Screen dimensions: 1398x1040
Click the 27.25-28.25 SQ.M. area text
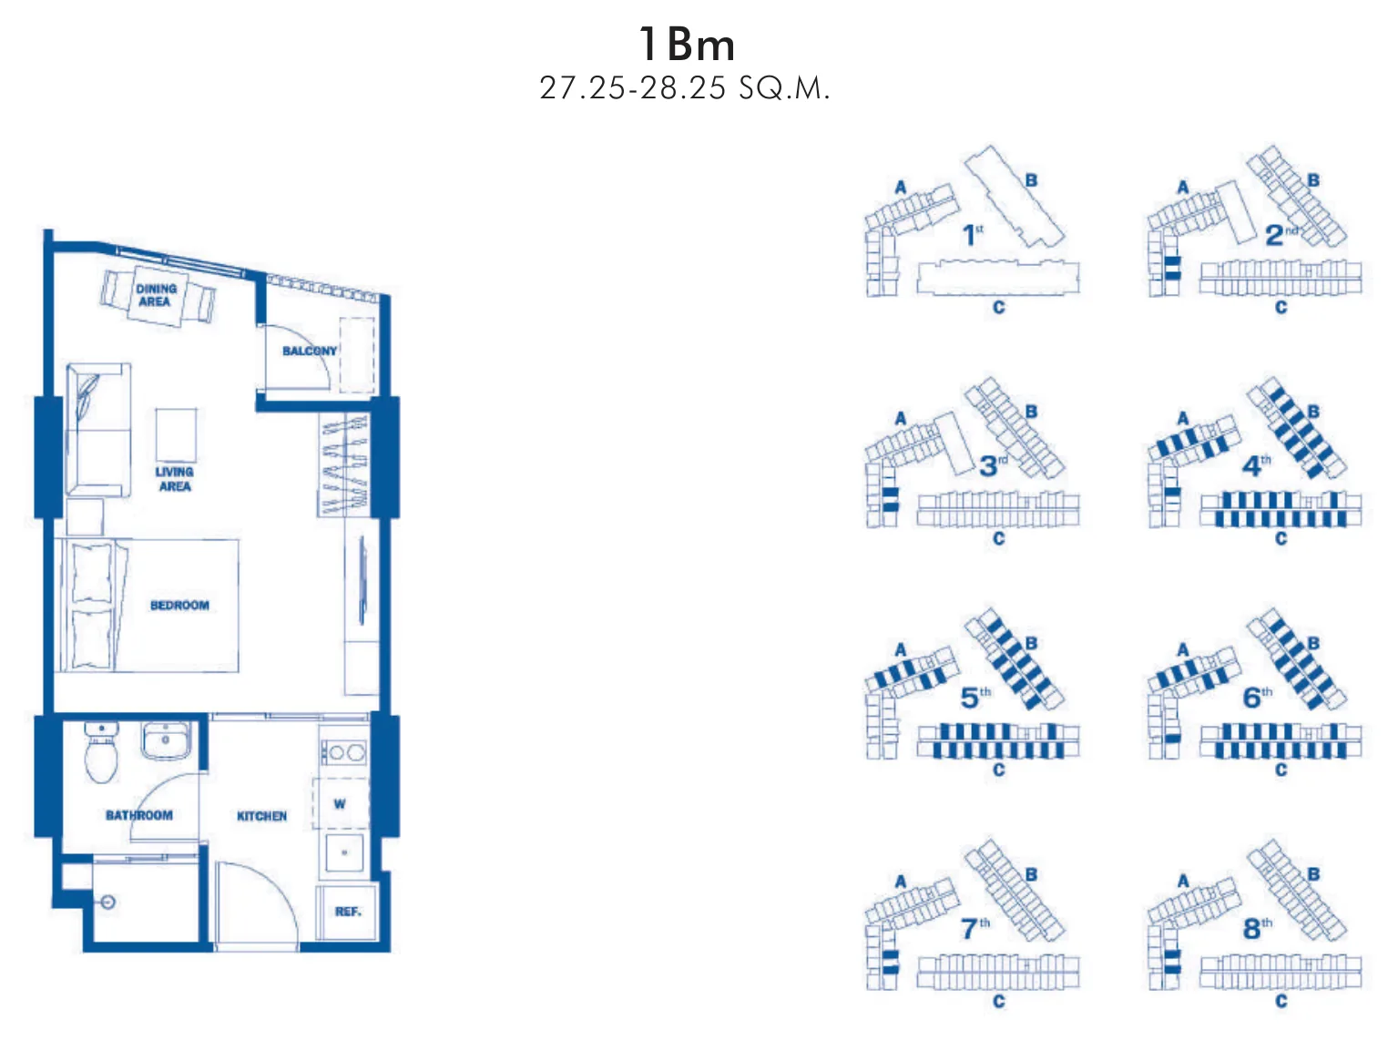click(685, 88)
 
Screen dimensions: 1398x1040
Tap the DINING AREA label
click(157, 295)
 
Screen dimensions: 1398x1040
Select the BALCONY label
click(310, 352)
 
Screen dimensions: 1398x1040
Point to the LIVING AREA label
click(175, 479)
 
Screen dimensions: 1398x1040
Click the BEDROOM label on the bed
click(179, 605)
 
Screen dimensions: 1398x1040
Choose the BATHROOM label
click(139, 816)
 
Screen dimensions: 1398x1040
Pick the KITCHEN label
click(261, 816)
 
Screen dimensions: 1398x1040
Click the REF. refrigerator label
click(348, 912)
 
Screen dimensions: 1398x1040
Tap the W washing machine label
click(340, 803)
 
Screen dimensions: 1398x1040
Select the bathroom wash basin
click(165, 740)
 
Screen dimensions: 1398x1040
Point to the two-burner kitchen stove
click(344, 752)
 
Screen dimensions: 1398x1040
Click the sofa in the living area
click(99, 430)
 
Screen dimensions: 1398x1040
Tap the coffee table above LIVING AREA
click(176, 435)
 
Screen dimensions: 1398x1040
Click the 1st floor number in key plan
click(973, 235)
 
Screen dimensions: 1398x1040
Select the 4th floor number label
click(1256, 465)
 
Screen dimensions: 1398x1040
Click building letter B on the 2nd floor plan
click(1313, 180)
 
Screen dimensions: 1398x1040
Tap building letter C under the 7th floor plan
click(998, 1001)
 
